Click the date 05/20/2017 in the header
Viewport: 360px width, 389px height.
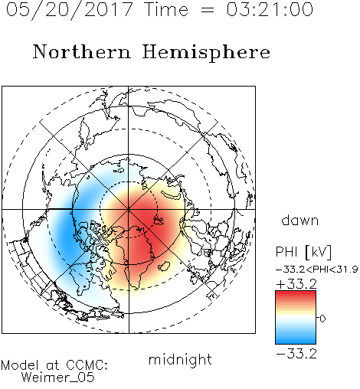(70, 10)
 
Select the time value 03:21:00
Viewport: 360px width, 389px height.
(270, 10)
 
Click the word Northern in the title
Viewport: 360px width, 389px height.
(82, 52)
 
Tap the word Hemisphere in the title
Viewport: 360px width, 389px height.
(206, 53)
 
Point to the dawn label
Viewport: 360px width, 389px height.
(300, 220)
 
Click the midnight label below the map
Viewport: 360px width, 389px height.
(180, 361)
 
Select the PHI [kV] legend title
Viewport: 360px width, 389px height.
(303, 252)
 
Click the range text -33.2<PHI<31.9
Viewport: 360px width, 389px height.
(317, 270)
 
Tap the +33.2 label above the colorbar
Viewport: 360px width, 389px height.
(296, 284)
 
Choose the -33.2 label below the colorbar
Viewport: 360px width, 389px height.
(296, 354)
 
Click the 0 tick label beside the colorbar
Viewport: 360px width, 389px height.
(322, 319)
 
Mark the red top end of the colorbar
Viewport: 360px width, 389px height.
(296, 293)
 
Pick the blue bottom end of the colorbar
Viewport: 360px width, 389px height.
(296, 342)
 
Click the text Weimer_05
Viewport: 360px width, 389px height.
(58, 378)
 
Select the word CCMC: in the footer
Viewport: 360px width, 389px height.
(87, 365)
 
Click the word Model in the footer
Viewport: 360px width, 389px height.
(20, 365)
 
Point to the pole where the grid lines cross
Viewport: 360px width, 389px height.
(129, 210)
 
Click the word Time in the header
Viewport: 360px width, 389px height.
(166, 9)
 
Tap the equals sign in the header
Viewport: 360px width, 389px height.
(208, 10)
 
